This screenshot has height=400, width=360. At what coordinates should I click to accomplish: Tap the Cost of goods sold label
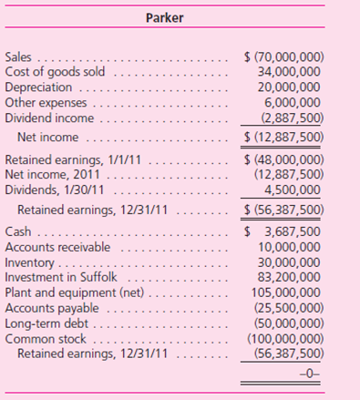point(55,71)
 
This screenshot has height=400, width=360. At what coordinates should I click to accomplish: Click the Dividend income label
point(48,117)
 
